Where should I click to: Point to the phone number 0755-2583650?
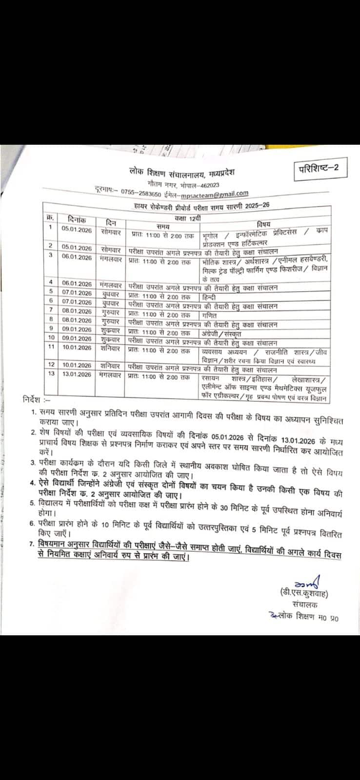coord(141,191)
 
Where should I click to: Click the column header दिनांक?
coord(78,220)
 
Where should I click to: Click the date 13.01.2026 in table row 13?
coord(76,374)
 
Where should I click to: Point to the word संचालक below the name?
coord(305,605)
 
